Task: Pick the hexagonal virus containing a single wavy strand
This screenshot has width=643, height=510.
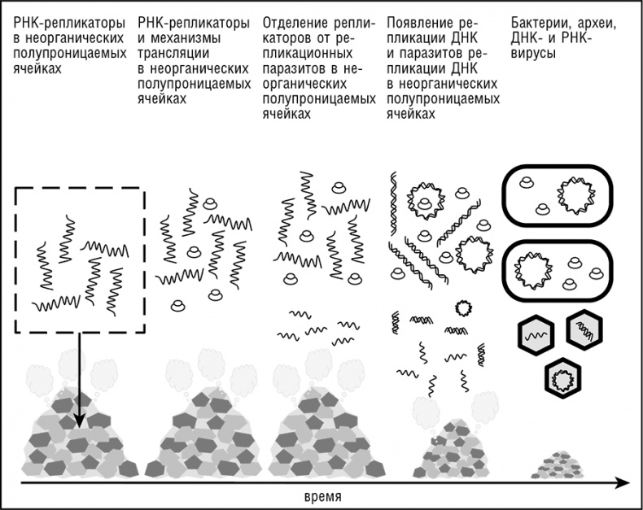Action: [536, 333]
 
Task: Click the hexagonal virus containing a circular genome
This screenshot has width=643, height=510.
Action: [561, 376]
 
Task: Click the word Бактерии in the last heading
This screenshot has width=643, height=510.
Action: [536, 24]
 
